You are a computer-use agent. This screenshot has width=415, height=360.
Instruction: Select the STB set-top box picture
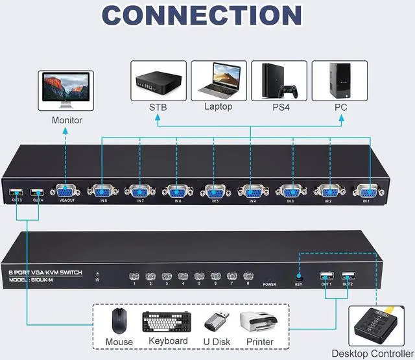coord(158,81)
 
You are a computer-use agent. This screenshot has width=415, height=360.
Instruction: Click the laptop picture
coord(219,81)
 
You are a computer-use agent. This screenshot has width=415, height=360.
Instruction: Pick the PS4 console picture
coord(279,81)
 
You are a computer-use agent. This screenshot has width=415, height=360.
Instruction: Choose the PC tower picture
coord(339,81)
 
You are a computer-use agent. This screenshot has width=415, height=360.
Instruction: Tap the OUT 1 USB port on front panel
coord(325,274)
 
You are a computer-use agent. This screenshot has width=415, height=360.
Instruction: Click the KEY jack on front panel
coord(298,275)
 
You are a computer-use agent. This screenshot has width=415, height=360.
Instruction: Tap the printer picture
coord(259,322)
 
